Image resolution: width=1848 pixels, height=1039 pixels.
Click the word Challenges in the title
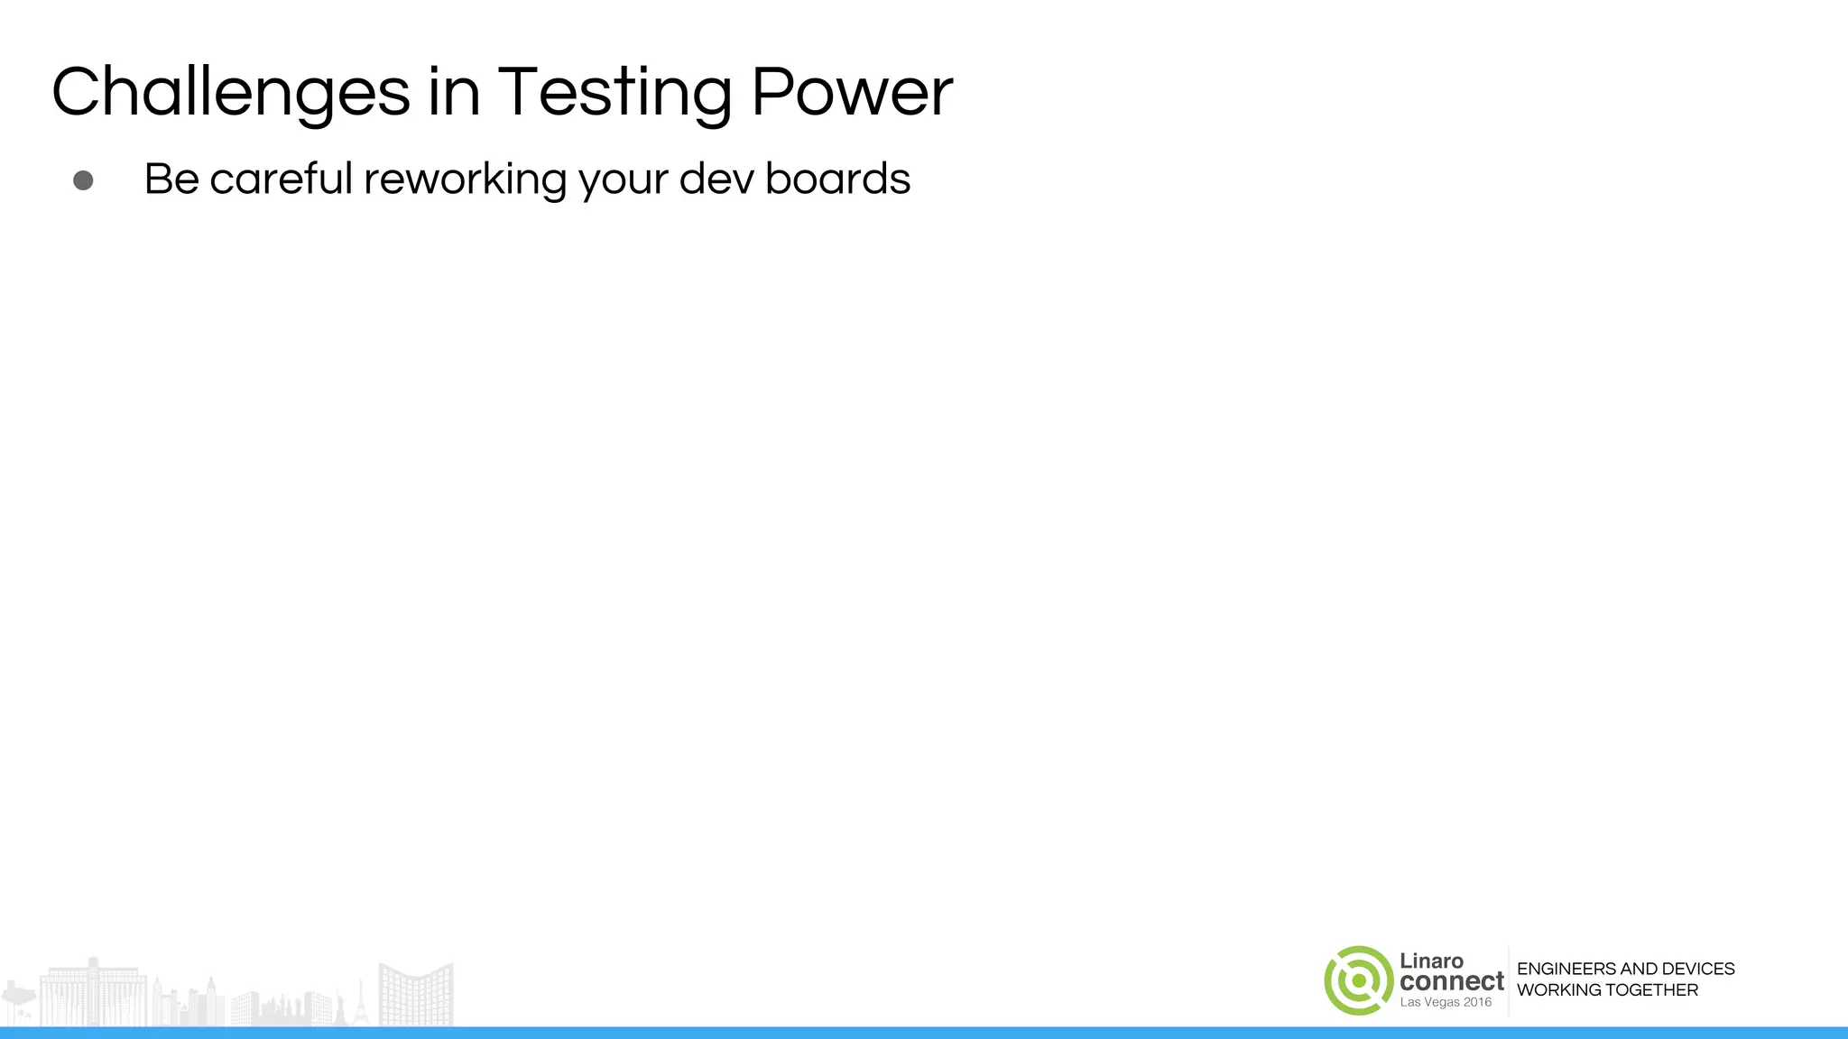click(231, 92)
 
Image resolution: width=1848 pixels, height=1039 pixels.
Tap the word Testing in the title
click(614, 92)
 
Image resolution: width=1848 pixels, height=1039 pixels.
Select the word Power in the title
click(851, 92)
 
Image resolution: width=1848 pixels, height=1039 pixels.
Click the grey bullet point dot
click(83, 180)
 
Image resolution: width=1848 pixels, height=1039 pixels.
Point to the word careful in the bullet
click(281, 179)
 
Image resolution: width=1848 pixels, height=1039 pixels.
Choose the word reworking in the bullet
click(465, 179)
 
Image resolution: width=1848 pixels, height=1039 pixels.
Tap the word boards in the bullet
click(837, 179)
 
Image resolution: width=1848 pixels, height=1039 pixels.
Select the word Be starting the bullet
click(171, 179)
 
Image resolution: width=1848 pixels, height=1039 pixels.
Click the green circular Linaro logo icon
click(1358, 980)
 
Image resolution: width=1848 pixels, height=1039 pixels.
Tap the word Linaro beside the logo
click(1431, 961)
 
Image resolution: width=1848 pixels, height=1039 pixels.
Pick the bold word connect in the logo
click(1451, 981)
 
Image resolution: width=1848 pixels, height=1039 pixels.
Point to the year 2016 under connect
click(1476, 1002)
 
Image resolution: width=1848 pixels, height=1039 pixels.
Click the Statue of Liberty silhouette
click(341, 1008)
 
